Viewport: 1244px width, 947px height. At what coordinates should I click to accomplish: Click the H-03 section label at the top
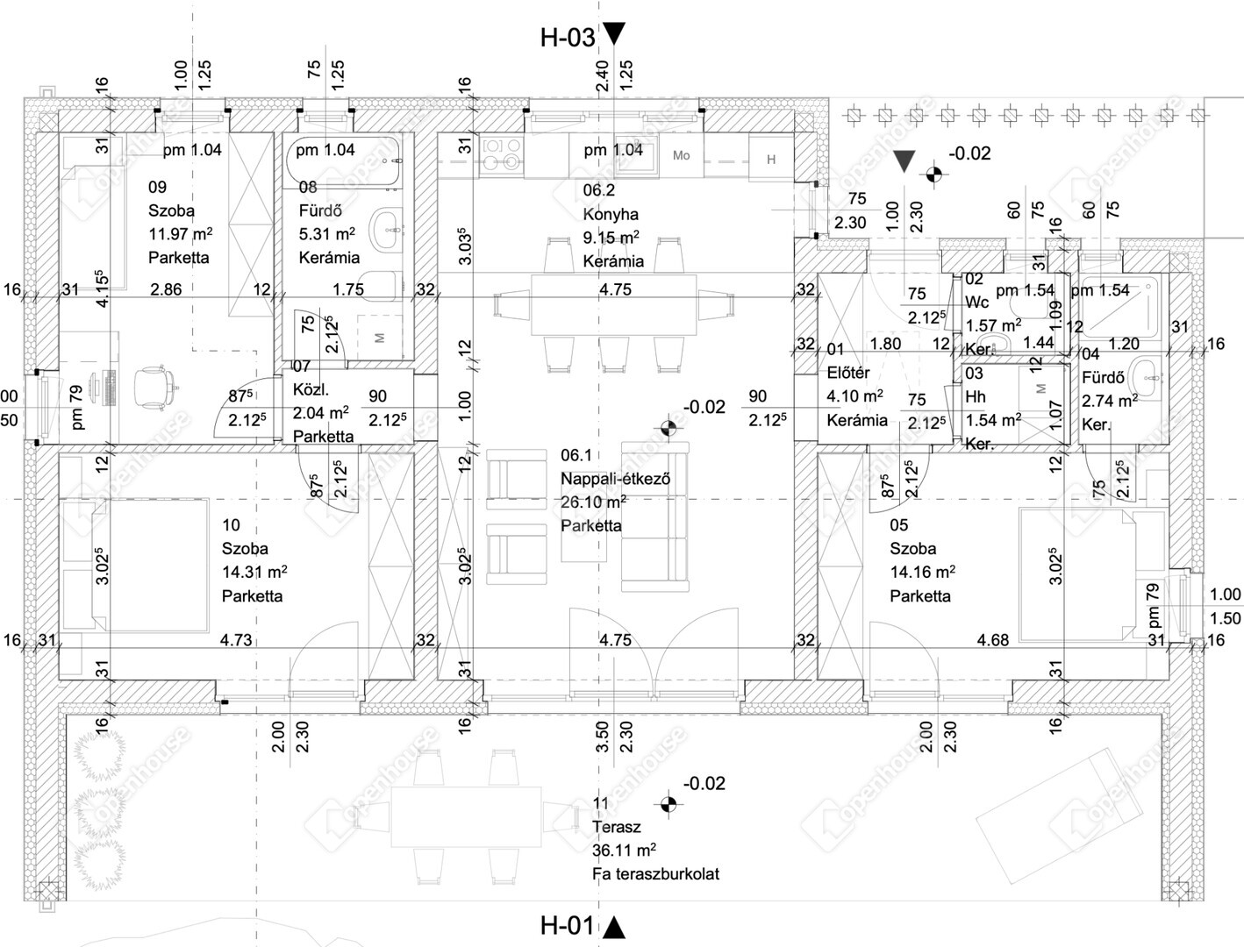click(568, 37)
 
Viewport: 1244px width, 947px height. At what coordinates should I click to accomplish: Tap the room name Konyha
click(611, 214)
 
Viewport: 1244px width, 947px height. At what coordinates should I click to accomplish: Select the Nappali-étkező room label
click(616, 479)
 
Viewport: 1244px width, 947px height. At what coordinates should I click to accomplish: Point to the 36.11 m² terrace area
click(625, 850)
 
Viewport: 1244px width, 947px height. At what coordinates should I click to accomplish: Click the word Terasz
click(617, 826)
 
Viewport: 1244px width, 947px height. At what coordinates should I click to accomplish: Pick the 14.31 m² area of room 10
click(254, 573)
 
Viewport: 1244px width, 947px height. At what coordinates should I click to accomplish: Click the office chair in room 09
click(156, 386)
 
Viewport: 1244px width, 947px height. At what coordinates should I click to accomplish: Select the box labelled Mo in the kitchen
click(682, 155)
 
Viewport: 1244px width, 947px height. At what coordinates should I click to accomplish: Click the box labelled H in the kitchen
click(771, 159)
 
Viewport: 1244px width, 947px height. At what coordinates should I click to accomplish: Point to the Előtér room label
click(848, 373)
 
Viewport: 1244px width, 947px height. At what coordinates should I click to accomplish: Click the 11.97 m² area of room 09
click(180, 234)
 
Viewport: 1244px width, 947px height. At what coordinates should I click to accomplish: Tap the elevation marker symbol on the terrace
click(668, 802)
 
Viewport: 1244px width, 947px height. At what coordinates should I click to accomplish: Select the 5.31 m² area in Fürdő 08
click(326, 234)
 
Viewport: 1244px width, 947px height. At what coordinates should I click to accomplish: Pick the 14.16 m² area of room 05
click(922, 573)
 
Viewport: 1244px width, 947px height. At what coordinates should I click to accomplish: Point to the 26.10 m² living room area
click(593, 502)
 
